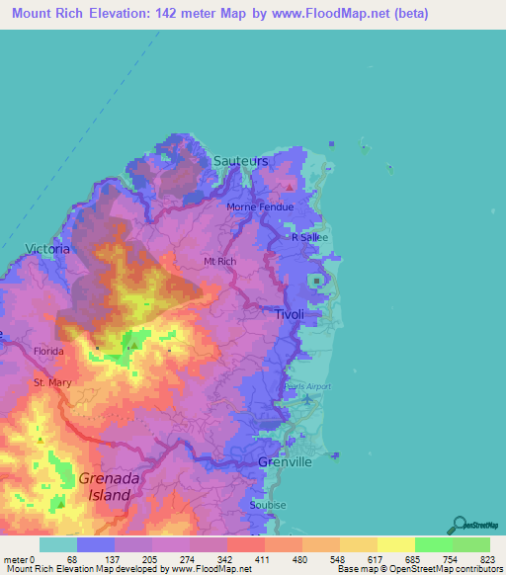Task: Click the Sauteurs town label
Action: point(240,160)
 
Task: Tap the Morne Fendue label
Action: point(254,207)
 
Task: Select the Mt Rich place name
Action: point(217,261)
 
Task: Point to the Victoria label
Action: point(48,249)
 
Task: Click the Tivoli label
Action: point(290,313)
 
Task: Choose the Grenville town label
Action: point(285,462)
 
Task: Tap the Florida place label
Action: point(48,351)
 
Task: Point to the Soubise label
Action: point(270,505)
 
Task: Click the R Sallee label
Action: point(307,237)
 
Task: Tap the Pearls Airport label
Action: point(307,386)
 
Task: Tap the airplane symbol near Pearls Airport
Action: point(307,399)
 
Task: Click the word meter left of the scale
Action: point(16,559)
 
